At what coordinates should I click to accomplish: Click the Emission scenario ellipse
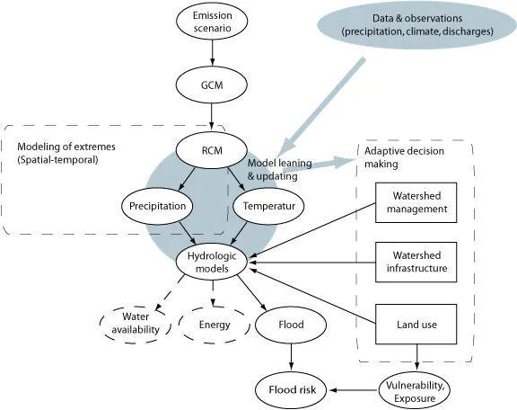[212, 22]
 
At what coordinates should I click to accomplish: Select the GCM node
[212, 85]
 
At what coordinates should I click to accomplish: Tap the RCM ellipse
[212, 150]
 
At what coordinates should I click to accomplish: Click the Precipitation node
[157, 206]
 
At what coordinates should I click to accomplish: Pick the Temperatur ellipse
[268, 206]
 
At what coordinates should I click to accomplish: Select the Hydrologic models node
[212, 262]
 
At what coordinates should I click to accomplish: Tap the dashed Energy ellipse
[215, 325]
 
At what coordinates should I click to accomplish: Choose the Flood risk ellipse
[292, 390]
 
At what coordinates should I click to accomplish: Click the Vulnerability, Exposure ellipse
[415, 391]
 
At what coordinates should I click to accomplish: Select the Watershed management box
[416, 202]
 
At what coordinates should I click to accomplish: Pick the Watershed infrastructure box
[416, 262]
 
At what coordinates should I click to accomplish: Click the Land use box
[416, 324]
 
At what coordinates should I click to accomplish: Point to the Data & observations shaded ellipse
[416, 25]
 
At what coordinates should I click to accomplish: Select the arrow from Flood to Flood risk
[291, 357]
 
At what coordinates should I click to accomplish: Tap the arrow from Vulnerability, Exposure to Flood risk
[353, 390]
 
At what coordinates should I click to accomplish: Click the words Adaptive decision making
[404, 157]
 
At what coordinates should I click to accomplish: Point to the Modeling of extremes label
[66, 147]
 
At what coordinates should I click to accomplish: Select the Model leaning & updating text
[280, 169]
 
